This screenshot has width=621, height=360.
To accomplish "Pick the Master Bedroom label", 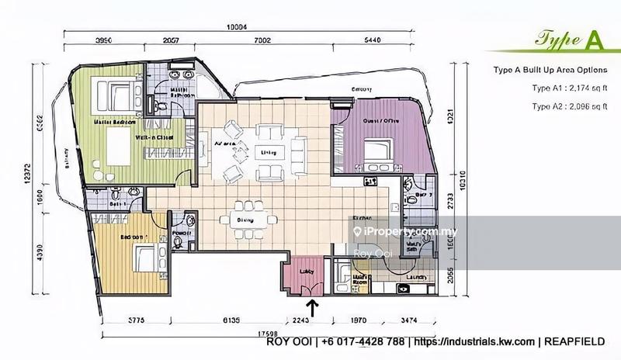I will pyautogui.click(x=113, y=122).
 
